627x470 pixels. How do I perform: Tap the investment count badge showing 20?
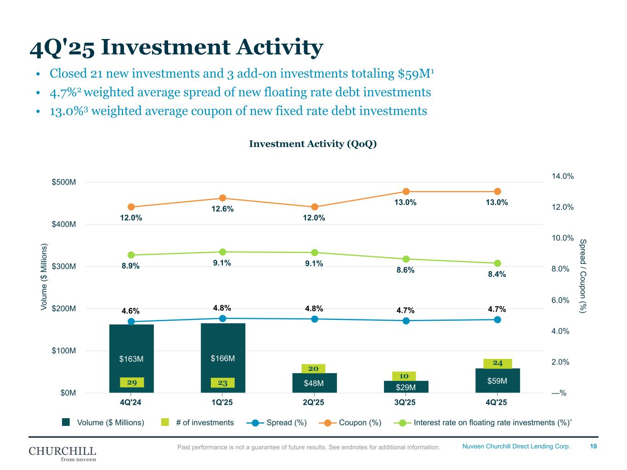point(313,369)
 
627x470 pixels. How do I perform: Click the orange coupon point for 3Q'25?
point(406,191)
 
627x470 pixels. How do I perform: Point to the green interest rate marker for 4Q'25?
point(497,263)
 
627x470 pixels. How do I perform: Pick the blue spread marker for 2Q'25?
point(315,319)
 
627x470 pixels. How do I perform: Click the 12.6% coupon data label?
point(223,209)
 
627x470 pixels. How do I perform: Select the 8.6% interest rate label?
point(406,270)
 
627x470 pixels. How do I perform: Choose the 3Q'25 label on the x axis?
point(405,403)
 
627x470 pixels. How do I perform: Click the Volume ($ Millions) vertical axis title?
point(45,277)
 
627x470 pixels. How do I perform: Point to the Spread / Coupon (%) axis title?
point(583,276)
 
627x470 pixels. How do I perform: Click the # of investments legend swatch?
point(165,422)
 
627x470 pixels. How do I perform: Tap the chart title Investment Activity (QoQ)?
point(313,144)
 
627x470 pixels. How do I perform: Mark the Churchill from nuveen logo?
point(62,453)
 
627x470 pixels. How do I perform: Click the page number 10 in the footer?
point(593,446)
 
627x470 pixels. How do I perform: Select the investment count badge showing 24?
point(497,364)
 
